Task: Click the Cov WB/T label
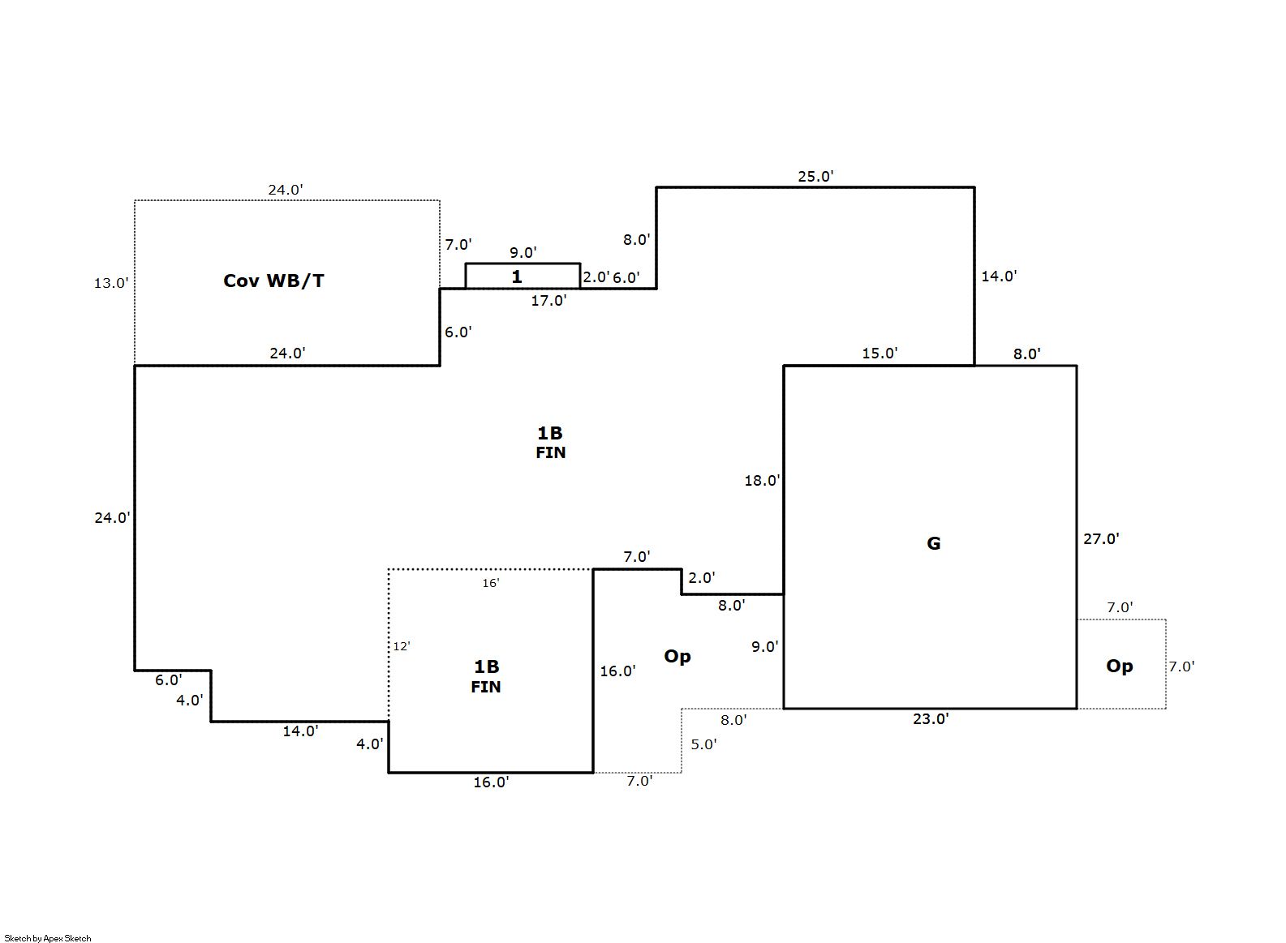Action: coord(273,281)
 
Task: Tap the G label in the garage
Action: coord(934,543)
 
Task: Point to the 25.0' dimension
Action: coord(815,176)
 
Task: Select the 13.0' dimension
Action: coord(111,283)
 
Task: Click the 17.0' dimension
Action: coord(548,301)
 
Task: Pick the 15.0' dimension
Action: coord(880,354)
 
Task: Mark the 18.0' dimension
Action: coord(762,481)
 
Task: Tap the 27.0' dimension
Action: coord(1101,538)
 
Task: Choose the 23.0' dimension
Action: coord(931,718)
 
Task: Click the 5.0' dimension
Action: coord(703,744)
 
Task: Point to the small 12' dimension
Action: coord(402,646)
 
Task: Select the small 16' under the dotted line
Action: coord(491,583)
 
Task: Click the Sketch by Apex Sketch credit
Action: coord(48,938)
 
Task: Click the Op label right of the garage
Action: coord(1120,666)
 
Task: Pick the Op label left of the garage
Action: coord(677,656)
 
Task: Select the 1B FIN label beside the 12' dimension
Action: coord(486,676)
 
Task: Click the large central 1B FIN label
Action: coord(550,442)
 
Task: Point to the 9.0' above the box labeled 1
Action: coord(523,253)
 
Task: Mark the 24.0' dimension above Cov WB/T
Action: coord(286,190)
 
